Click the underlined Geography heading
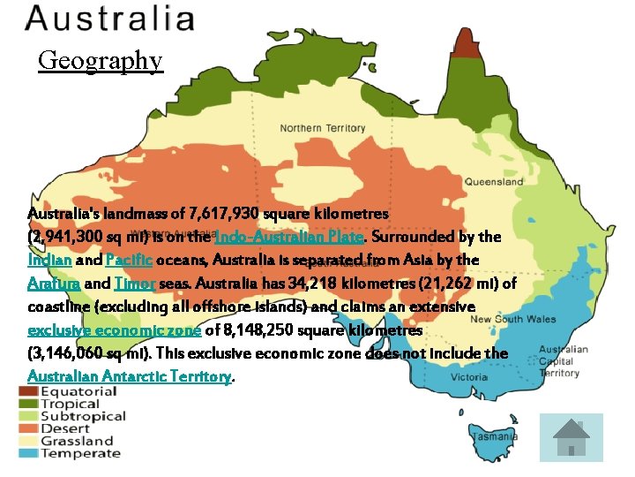coord(101,60)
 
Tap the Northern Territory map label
coord(322,128)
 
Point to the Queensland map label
coord(494,182)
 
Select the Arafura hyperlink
coord(54,284)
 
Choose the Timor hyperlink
coord(135,284)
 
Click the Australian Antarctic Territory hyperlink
coord(129,376)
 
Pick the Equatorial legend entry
coord(78,391)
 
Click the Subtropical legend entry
coord(83,416)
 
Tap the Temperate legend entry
coord(79,453)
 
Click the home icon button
coord(571,437)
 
